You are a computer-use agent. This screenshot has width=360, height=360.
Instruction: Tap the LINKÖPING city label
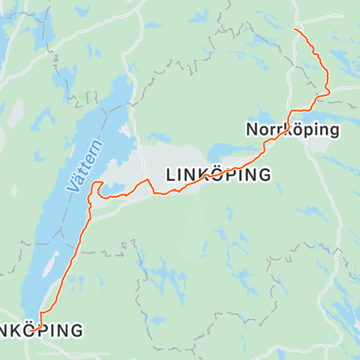(219, 174)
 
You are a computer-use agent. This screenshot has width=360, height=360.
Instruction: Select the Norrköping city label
(292, 130)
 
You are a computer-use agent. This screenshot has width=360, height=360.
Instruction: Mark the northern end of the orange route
(296, 30)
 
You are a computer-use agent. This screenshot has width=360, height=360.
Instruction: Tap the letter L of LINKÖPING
(171, 175)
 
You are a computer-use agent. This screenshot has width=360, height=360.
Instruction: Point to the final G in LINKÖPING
(264, 174)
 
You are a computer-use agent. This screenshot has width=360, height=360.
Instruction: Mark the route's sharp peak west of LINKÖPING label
(147, 179)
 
